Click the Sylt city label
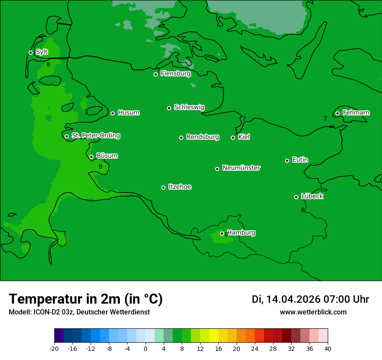42,52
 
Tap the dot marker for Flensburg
155,74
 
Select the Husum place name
128,113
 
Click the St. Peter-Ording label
95,136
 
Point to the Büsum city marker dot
91,157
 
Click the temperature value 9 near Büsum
100,167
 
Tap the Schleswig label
189,107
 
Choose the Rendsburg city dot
181,137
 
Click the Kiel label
244,137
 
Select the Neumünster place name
241,168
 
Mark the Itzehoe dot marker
163,187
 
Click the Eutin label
300,160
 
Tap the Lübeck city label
312,196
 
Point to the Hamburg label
241,232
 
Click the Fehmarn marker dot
337,113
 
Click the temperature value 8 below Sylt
48,65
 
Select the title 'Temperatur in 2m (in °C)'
86,299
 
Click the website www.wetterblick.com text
313,312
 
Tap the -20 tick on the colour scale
54,348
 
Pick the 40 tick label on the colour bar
328,348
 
